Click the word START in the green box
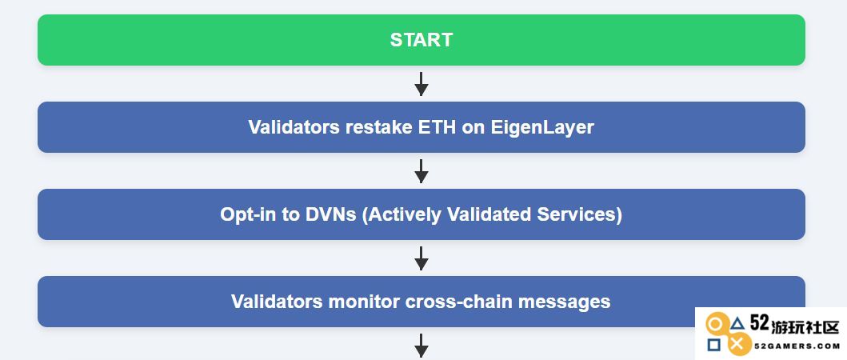pyautogui.click(x=422, y=40)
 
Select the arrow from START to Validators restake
pyautogui.click(x=422, y=84)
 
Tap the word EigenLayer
pyautogui.click(x=542, y=128)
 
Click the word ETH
pyautogui.click(x=437, y=127)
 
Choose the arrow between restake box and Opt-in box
pyautogui.click(x=422, y=171)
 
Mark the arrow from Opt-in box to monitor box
pyautogui.click(x=422, y=258)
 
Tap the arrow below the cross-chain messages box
pyautogui.click(x=422, y=346)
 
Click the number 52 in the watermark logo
pyautogui.click(x=759, y=324)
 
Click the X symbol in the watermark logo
pyautogui.click(x=740, y=343)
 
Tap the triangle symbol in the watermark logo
pyautogui.click(x=737, y=324)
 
